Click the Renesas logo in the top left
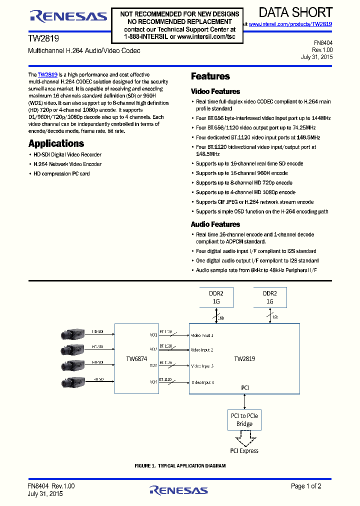pyautogui.click(x=68, y=16)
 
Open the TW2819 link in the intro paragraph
pyautogui.click(x=47, y=74)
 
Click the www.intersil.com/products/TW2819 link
pyautogui.click(x=290, y=24)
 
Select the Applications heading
pyautogui.click(x=56, y=143)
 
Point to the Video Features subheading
pyautogui.click(x=215, y=91)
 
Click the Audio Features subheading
pyautogui.click(x=215, y=224)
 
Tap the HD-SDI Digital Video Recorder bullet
pyautogui.click(x=67, y=155)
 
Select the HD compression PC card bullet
pyautogui.click(x=61, y=174)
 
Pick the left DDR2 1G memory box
pyautogui.click(x=214, y=297)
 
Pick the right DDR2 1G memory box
pyautogui.click(x=270, y=297)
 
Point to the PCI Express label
pyautogui.click(x=244, y=451)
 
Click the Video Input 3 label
pyautogui.click(x=202, y=366)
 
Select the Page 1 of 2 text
pyautogui.click(x=306, y=486)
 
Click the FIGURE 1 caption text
pyautogui.click(x=180, y=466)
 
